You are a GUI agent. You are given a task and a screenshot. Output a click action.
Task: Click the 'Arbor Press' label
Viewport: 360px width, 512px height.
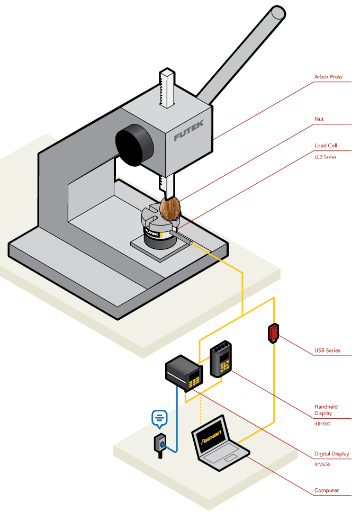(x=328, y=77)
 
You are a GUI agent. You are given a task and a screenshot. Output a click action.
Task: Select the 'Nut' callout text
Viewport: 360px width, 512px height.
(x=319, y=119)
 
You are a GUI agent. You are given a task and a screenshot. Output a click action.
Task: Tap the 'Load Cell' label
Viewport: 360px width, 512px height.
(x=326, y=145)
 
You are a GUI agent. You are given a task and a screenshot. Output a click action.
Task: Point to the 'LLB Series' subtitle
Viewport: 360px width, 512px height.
(x=325, y=157)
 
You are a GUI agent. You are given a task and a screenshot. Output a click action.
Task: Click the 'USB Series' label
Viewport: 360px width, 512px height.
(x=327, y=351)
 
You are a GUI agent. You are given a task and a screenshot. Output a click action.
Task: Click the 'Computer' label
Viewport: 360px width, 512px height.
(x=327, y=490)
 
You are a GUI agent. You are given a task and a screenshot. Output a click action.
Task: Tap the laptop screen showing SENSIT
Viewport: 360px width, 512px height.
(x=212, y=437)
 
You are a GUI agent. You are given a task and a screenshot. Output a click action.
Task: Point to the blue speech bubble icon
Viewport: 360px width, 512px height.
(x=159, y=418)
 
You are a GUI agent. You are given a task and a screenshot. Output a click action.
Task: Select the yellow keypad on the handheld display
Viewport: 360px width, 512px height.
(x=225, y=366)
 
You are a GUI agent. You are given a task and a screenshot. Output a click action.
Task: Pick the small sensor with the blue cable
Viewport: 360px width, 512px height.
(x=160, y=444)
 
